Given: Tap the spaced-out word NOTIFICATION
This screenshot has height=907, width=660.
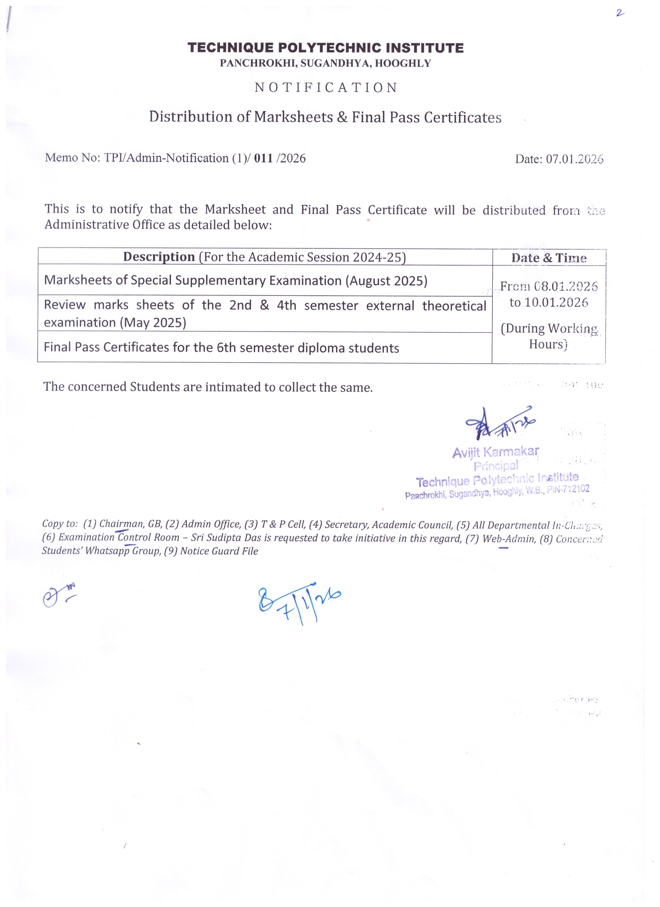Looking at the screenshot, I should [326, 88].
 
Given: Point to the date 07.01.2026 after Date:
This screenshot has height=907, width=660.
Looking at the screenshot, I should [575, 159].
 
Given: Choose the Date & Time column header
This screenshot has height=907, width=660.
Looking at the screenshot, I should [549, 258].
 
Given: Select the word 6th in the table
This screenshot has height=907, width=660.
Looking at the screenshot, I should [226, 348].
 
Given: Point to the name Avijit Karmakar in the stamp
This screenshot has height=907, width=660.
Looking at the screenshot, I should [496, 452].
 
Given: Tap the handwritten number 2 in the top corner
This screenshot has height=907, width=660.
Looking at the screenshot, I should [620, 13].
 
